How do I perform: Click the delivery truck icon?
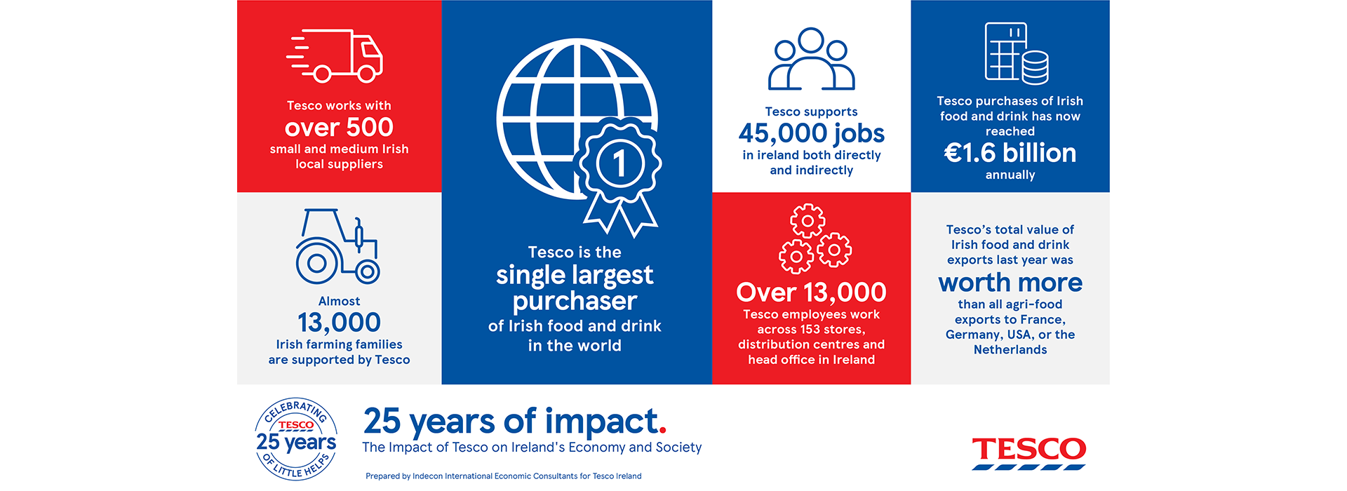coord(336,55)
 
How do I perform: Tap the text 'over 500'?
coord(339,128)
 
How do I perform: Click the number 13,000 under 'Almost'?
coord(339,323)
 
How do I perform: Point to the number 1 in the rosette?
coord(619,163)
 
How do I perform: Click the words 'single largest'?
coord(575,275)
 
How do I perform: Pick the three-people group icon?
coord(811,60)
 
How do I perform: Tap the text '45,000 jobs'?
coord(811,133)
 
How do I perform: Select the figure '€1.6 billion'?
coord(1010,153)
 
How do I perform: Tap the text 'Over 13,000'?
coord(811,292)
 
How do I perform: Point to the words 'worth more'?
coord(1010,283)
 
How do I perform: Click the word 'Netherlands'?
coord(1010,350)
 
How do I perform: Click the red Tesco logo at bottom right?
coord(1028,452)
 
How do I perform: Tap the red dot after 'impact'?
coord(663,430)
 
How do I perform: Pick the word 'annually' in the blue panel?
coord(1010,175)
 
